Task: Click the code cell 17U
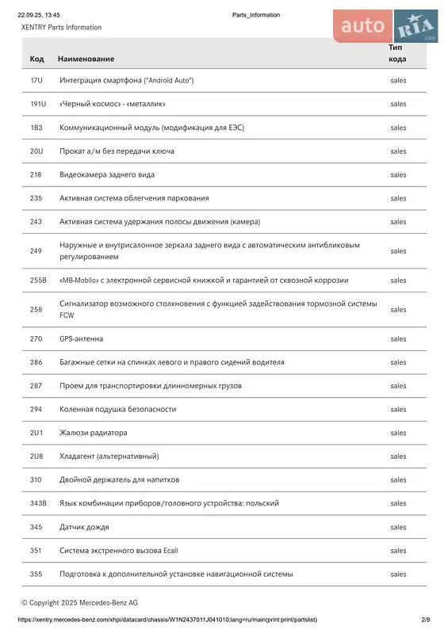[36, 81]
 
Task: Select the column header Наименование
[86, 59]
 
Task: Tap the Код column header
[36, 59]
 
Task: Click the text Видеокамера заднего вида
[107, 174]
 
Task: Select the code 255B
[38, 280]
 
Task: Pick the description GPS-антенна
[81, 338]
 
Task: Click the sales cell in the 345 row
[398, 527]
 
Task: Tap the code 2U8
[36, 456]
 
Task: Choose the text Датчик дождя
[84, 527]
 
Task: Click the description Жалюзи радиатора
[93, 433]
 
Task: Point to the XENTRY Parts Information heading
[61, 27]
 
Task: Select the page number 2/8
[426, 620]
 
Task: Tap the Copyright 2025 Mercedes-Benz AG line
[79, 602]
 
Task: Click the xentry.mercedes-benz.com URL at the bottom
[167, 620]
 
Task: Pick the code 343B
[38, 503]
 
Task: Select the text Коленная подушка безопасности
[117, 409]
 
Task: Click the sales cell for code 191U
[398, 104]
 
